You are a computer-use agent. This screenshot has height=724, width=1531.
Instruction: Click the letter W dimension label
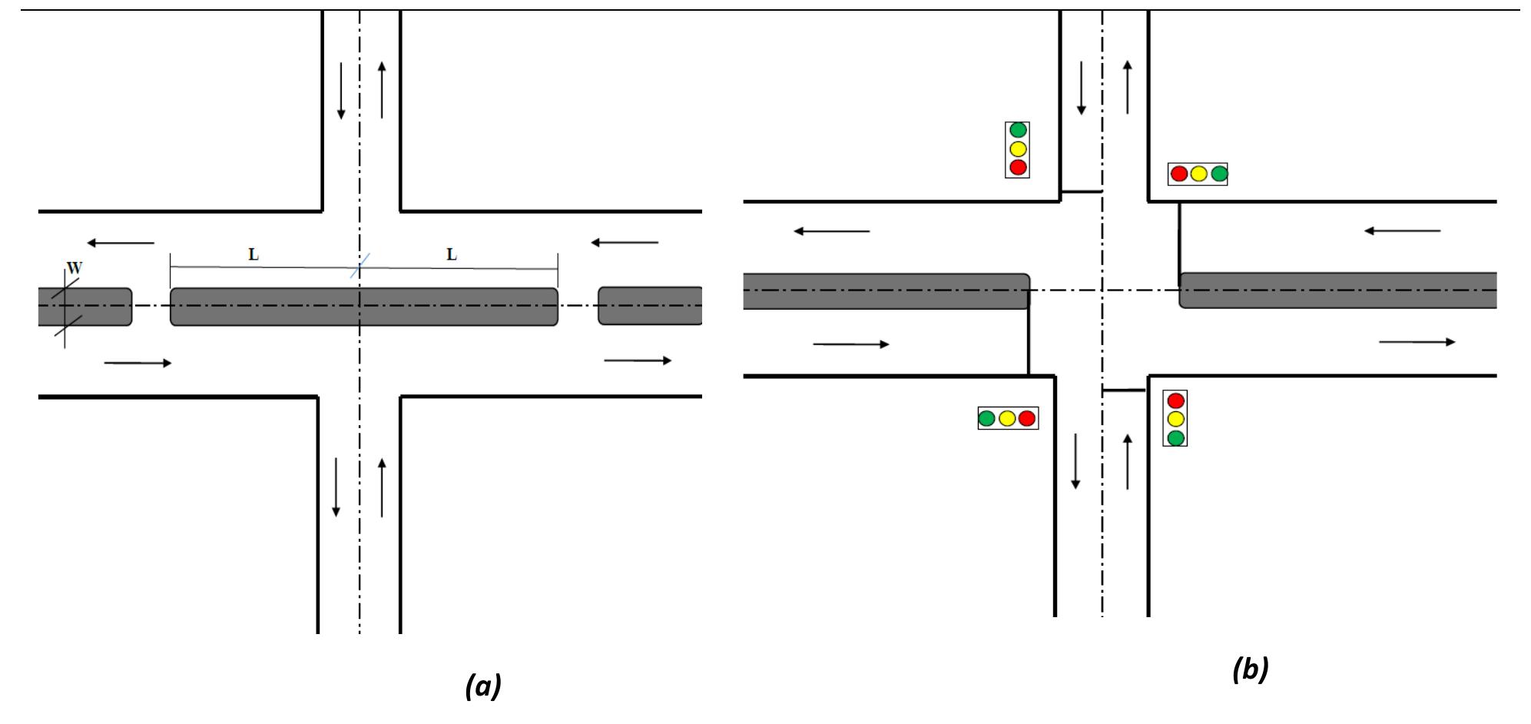(75, 268)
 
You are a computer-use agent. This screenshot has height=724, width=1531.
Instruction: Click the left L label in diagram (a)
(254, 255)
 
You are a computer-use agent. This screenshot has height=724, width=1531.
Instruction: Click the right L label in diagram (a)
(452, 254)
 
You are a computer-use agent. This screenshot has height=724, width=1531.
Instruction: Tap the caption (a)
(483, 685)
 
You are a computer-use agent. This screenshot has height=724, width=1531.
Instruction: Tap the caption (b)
(1251, 669)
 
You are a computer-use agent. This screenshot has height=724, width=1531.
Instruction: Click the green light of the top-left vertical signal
(1018, 131)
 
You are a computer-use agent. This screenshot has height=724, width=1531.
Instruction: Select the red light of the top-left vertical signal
(1018, 167)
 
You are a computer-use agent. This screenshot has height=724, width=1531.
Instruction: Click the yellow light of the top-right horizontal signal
(1198, 174)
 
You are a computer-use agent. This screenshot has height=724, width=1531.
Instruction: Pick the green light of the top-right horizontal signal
(1219, 174)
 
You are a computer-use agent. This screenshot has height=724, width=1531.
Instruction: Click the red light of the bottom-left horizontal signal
(1027, 419)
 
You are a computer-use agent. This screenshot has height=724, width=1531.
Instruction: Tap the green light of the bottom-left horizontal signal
(987, 419)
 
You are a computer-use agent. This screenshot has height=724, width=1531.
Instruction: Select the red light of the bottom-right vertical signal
(1175, 400)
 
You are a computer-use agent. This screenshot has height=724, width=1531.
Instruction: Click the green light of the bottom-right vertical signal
(1175, 437)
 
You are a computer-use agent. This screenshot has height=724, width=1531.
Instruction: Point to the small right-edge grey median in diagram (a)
(650, 306)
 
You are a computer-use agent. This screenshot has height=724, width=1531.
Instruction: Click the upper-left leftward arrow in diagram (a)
(121, 243)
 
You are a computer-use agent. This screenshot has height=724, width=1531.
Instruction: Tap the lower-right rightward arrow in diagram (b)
(1417, 341)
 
